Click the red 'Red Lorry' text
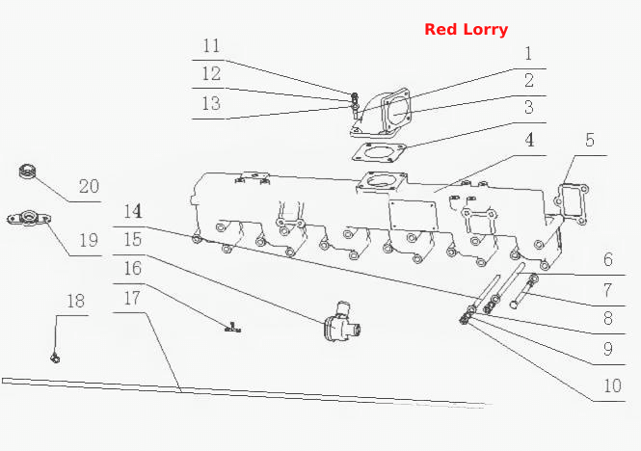coord(466,30)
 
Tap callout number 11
coord(211,45)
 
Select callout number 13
coord(211,103)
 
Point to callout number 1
coord(528,54)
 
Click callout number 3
coord(529,107)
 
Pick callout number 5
coord(590,140)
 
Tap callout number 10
coord(612,385)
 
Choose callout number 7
coord(608,290)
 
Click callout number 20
coord(89,186)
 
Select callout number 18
coord(75,302)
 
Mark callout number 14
coord(133,211)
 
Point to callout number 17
coord(132,298)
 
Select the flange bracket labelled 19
coord(29,218)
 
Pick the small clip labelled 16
coord(232,327)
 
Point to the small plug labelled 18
coord(55,358)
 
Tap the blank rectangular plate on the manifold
coord(413,216)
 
